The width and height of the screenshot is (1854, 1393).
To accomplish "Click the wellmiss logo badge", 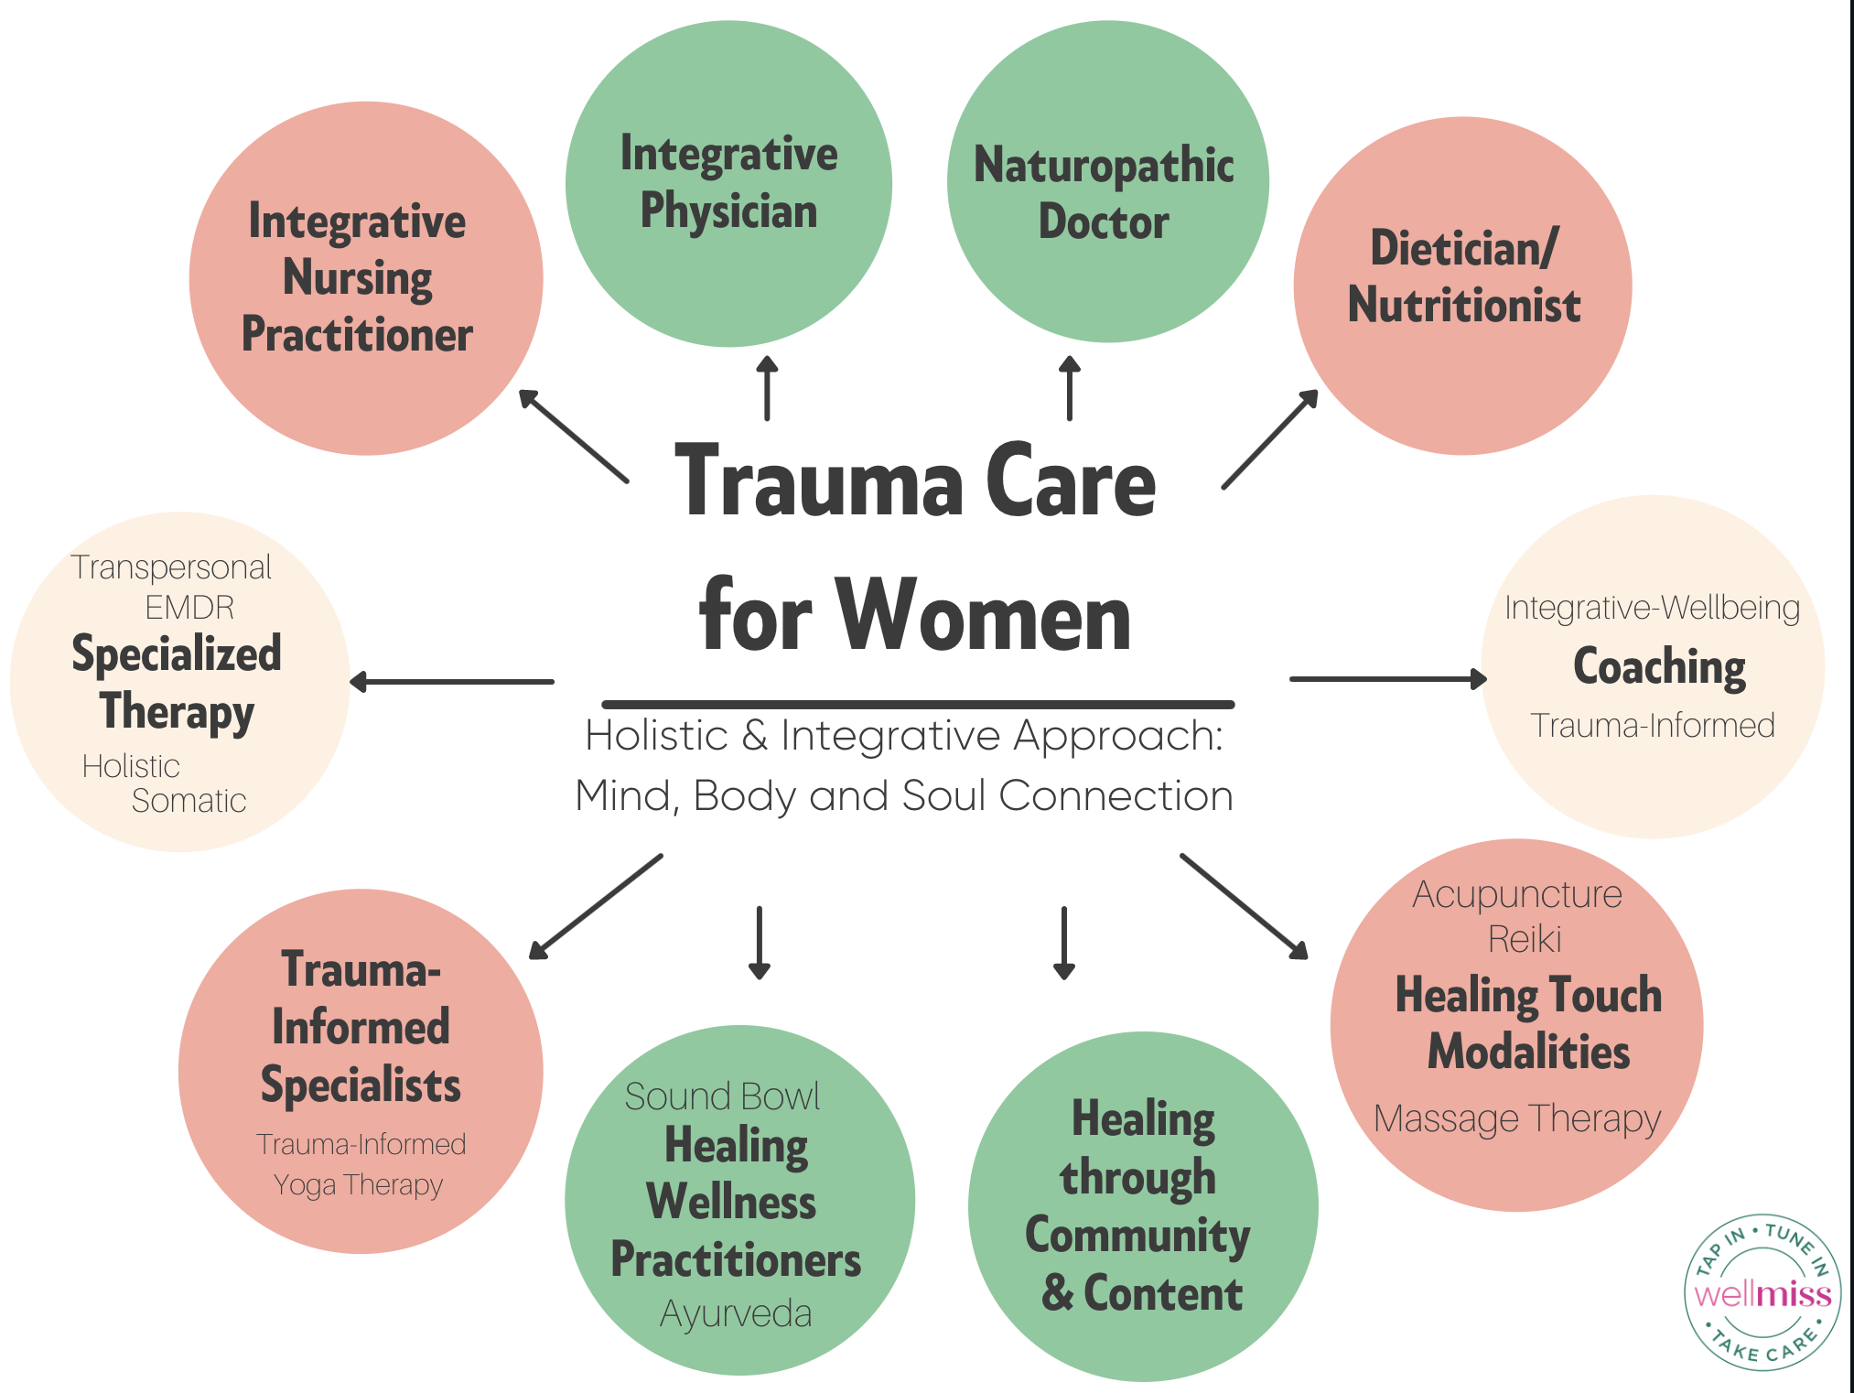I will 1762,1291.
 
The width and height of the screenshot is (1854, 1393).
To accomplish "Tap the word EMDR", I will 189,608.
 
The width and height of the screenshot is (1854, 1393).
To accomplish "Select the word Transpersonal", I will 171,567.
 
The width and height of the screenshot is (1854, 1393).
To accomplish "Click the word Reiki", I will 1524,939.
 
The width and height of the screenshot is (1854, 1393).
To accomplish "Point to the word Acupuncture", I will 1516,894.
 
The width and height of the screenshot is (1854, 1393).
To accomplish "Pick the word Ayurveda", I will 736,1314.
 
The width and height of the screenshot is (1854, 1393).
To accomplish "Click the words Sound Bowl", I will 722,1096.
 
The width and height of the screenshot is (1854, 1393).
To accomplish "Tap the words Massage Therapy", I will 1516,1118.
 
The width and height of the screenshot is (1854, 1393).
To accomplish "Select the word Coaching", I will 1658,666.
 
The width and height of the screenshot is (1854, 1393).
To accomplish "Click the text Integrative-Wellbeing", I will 1652,608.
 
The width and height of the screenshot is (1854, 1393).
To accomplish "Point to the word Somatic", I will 189,801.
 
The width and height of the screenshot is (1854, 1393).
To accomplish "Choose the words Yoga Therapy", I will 358,1184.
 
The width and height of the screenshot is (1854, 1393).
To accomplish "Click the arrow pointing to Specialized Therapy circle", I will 452,682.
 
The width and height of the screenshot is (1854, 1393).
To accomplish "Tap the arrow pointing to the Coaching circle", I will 1387,679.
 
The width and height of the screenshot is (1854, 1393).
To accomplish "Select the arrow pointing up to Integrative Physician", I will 767,389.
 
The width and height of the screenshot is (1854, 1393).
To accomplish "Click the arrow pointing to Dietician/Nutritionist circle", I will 1270,439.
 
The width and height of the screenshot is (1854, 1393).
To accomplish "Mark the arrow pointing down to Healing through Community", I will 1063,943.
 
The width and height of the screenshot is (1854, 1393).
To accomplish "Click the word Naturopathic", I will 1104,166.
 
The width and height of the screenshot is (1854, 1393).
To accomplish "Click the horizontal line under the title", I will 918,704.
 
